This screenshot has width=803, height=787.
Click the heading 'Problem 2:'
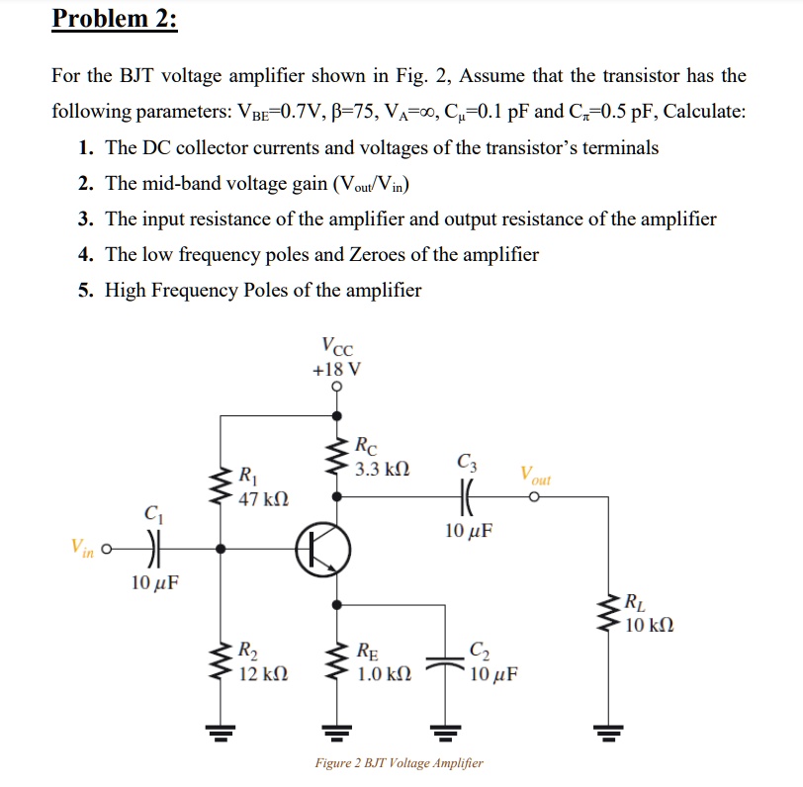click(x=114, y=19)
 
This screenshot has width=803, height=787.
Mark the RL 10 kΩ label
click(x=648, y=613)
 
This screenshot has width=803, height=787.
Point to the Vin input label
click(x=82, y=547)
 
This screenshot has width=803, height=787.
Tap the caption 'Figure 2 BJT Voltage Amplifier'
click(x=399, y=763)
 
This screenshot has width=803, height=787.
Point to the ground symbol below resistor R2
click(x=219, y=733)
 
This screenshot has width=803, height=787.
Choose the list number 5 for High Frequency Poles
click(x=86, y=291)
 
